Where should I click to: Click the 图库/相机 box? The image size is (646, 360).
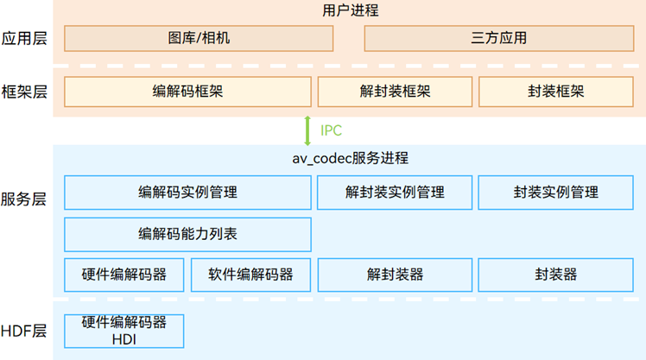pyautogui.click(x=199, y=38)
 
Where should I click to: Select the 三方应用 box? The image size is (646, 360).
pyautogui.click(x=499, y=38)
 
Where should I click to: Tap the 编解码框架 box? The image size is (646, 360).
pyautogui.click(x=187, y=92)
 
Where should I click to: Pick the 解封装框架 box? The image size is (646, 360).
pyautogui.click(x=395, y=92)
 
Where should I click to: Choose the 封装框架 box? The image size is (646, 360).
pyautogui.click(x=555, y=92)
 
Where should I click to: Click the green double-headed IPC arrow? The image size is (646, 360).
pyautogui.click(x=307, y=130)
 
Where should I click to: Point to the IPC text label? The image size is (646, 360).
pyautogui.click(x=332, y=131)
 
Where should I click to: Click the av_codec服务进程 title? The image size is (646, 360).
pyautogui.click(x=350, y=159)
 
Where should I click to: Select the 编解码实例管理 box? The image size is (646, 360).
pyautogui.click(x=187, y=193)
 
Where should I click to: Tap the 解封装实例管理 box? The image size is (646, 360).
pyautogui.click(x=395, y=193)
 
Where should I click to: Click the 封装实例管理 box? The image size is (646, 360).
pyautogui.click(x=555, y=193)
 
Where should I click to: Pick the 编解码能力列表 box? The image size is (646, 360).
pyautogui.click(x=187, y=234)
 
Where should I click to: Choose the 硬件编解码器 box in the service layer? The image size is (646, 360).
pyautogui.click(x=123, y=275)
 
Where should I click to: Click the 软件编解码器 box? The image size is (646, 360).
pyautogui.click(x=250, y=275)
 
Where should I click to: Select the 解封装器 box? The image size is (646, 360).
pyautogui.click(x=395, y=275)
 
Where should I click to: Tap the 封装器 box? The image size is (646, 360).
pyautogui.click(x=555, y=275)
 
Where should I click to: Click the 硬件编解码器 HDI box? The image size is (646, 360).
pyautogui.click(x=123, y=331)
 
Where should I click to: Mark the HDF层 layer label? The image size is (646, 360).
pyautogui.click(x=24, y=331)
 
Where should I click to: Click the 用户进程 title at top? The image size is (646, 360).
pyautogui.click(x=350, y=11)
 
